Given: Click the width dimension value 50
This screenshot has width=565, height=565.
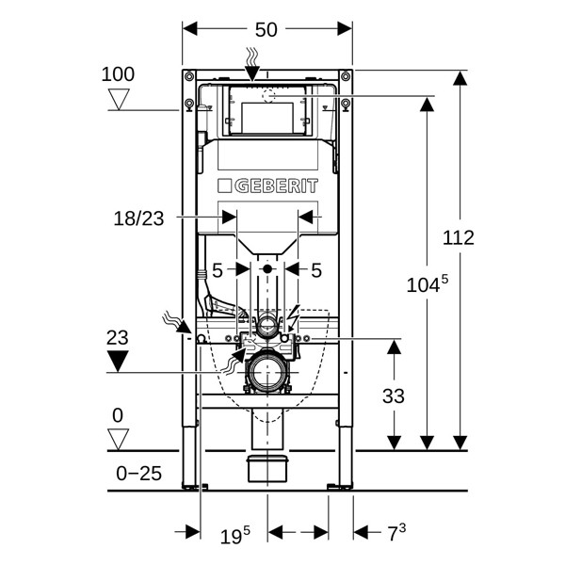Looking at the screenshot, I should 266,29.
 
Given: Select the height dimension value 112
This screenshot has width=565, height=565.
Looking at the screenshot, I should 459,237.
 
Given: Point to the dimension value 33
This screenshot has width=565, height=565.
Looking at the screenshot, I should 394,395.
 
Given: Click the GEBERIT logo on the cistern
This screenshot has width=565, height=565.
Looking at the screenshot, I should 267,186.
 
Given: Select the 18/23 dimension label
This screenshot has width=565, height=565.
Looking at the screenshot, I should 138,218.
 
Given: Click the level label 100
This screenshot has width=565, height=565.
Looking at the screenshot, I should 118,74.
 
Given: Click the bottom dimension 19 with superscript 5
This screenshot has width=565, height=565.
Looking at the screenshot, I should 235,537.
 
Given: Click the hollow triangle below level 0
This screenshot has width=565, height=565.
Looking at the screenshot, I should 118,439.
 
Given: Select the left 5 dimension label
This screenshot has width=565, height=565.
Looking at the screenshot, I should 217,270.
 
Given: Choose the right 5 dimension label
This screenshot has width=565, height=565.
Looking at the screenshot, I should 316,270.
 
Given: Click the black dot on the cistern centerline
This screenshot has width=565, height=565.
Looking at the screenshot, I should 267,270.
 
